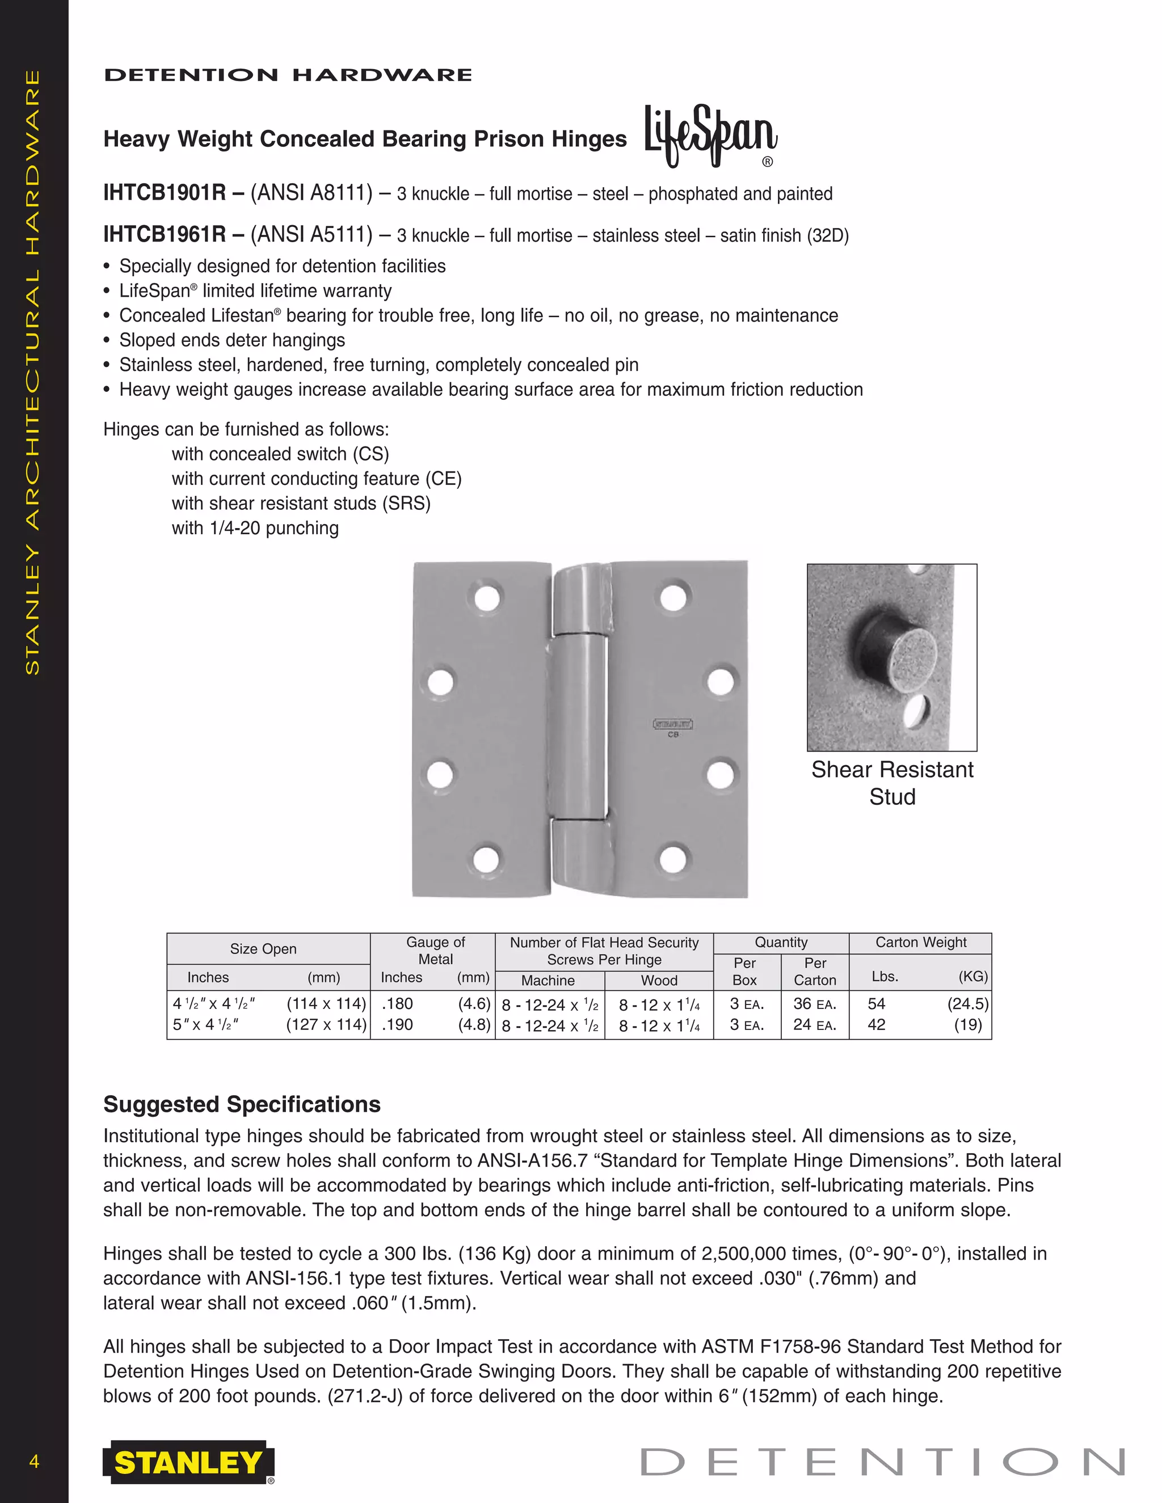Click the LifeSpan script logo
[x=710, y=135]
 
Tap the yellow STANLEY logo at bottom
[x=187, y=1462]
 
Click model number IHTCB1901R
[x=165, y=193]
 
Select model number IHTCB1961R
[x=165, y=235]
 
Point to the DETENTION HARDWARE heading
[x=288, y=75]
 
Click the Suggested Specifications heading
[x=242, y=1104]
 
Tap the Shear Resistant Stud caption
[x=892, y=783]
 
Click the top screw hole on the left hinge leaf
[x=487, y=597]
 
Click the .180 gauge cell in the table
[x=397, y=1003]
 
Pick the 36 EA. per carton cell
[x=814, y=1004]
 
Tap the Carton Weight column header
[x=920, y=942]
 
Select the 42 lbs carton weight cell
[x=876, y=1025]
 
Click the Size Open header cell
[x=263, y=949]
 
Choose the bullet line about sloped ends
[x=232, y=340]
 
